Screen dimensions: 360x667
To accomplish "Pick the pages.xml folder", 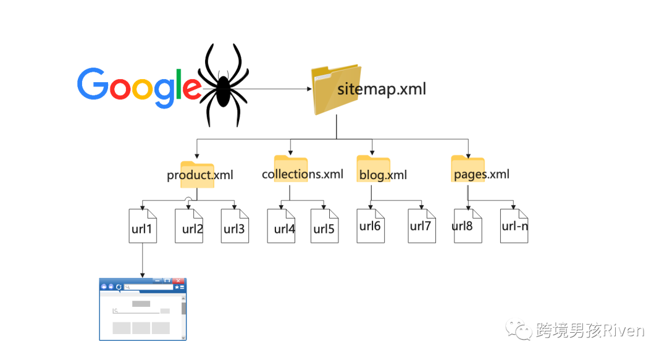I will coord(468,169).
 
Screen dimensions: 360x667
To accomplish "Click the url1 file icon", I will coord(143,226).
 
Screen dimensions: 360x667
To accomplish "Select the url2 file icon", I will coord(188,226).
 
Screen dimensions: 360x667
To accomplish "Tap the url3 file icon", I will coord(235,226).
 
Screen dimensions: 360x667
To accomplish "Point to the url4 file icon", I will coord(281,226).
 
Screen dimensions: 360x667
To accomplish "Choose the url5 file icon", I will coord(324,226).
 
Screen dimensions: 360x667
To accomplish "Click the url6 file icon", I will coord(371,225).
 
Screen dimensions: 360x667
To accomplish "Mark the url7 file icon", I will coord(421,225).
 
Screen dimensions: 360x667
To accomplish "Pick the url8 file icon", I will coord(468,225).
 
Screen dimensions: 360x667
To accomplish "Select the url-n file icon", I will coord(514,226).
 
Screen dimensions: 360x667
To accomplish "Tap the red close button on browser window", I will coord(179,280).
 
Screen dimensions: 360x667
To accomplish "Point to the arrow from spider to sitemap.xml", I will coord(278,89).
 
